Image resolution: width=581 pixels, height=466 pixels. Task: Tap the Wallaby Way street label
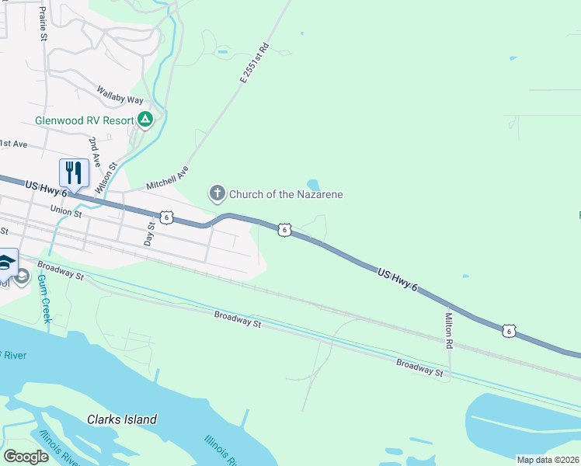(x=120, y=95)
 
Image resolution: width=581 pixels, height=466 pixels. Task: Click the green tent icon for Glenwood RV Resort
(x=144, y=120)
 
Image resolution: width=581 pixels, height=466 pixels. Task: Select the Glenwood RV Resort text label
(x=84, y=120)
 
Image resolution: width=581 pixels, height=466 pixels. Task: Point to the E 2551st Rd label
(x=254, y=63)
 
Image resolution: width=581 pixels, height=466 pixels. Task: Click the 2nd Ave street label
(x=95, y=151)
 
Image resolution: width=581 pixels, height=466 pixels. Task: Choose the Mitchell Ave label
(x=168, y=178)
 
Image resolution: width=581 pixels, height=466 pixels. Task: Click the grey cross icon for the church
(x=217, y=193)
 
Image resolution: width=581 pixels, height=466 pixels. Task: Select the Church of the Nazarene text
(x=286, y=194)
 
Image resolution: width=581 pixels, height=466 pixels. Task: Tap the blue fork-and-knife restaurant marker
(x=74, y=172)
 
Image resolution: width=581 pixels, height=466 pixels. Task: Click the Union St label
(x=66, y=210)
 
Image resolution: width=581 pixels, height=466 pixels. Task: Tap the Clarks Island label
(x=122, y=419)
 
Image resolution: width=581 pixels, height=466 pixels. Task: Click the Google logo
(x=26, y=457)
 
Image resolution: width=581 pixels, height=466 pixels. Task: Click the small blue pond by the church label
(x=313, y=185)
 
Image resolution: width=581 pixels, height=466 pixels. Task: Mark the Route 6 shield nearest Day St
(x=166, y=217)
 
